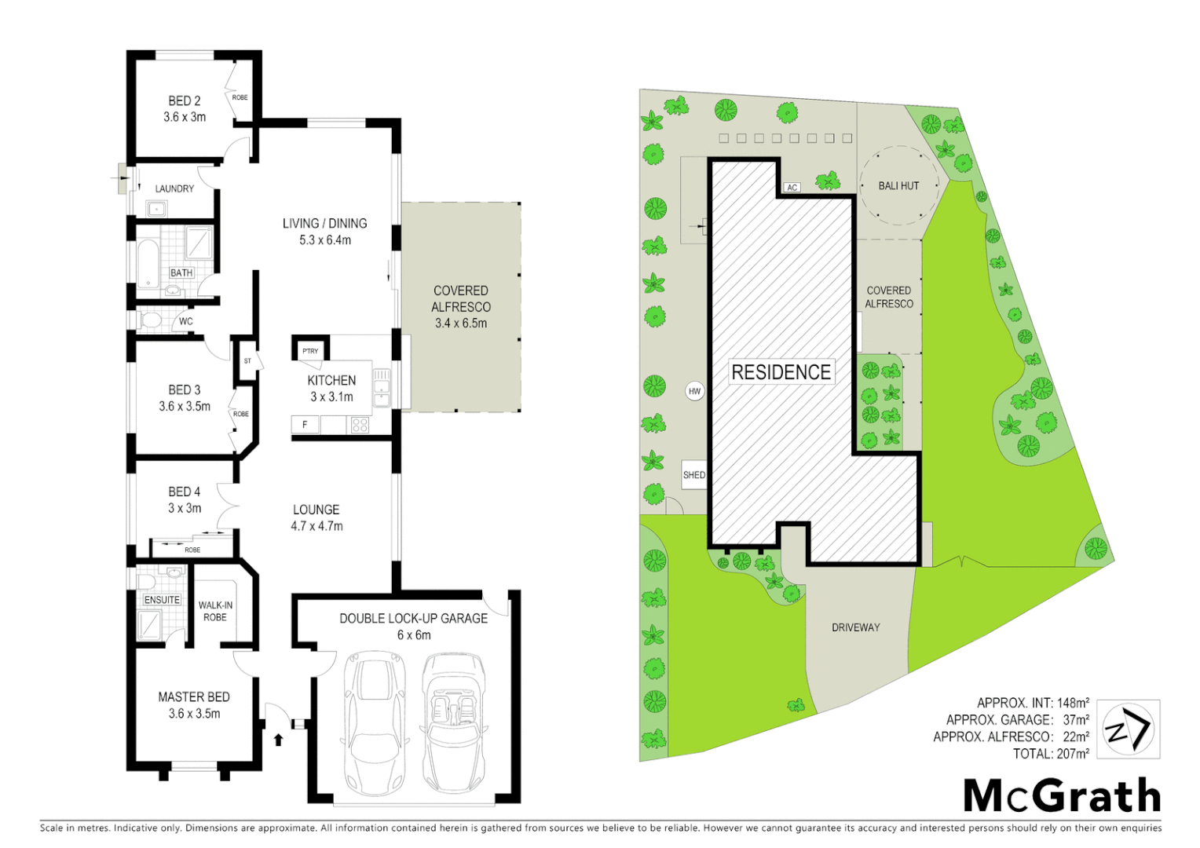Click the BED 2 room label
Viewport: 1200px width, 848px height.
[x=185, y=108]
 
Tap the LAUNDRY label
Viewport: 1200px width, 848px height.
[x=174, y=188]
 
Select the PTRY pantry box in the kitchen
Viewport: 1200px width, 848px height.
[x=310, y=350]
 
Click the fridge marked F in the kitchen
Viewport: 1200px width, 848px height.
[x=305, y=425]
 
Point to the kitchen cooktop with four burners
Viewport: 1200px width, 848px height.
[x=360, y=425]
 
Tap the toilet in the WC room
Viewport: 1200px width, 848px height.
[x=150, y=320]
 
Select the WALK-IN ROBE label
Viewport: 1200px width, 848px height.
[x=215, y=611]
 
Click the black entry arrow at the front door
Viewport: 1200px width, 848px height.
[x=278, y=739]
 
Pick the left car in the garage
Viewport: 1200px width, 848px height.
[x=373, y=722]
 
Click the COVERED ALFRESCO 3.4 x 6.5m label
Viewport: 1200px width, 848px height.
[x=461, y=306]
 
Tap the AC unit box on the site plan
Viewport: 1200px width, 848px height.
[x=792, y=187]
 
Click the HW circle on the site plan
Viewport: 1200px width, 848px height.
[x=694, y=391]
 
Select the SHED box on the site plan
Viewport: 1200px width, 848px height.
[x=694, y=475]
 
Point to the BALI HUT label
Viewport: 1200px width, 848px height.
[x=898, y=186]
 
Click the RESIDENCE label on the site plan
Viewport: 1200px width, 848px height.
[x=781, y=372]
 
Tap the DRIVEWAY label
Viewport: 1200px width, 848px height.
[x=855, y=627]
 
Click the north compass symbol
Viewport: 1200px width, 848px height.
[x=1128, y=729]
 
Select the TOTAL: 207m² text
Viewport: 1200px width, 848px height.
[x=1051, y=754]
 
